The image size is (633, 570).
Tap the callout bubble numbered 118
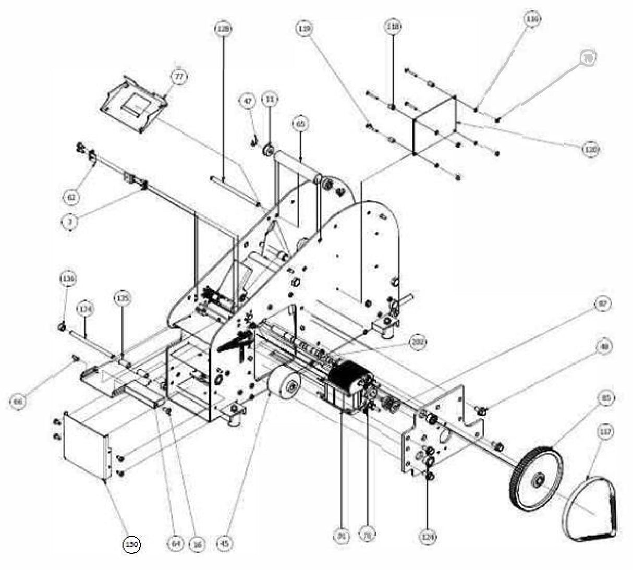point(393,26)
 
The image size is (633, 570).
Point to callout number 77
point(179,77)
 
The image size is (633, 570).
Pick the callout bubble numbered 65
point(300,124)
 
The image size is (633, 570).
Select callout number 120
point(590,149)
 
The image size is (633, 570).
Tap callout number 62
point(72,197)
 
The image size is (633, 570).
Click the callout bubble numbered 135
point(122,298)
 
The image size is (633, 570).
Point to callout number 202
point(418,342)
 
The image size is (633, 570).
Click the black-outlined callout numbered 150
point(131,544)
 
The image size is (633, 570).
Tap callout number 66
point(18,401)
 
